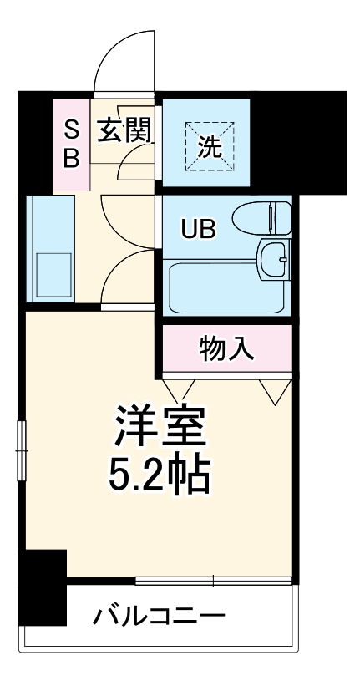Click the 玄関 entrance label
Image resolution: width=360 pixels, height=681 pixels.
126,130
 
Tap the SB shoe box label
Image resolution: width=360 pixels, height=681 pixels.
72,144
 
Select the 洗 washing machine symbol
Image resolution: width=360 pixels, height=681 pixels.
209,145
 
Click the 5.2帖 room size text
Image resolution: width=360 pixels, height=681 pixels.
159,476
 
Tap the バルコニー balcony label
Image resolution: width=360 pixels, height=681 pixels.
158,617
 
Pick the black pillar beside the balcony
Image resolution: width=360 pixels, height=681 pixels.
43,587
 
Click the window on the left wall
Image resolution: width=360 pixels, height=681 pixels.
23,451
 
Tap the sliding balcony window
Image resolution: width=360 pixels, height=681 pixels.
213,580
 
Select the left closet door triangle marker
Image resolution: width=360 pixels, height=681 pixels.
179,387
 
